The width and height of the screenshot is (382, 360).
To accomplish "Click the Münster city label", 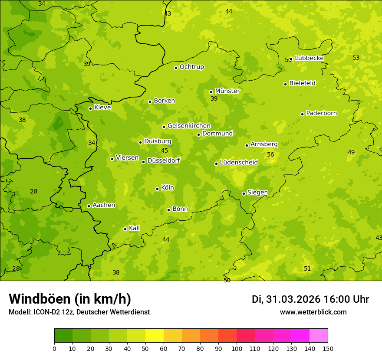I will click(x=227, y=91).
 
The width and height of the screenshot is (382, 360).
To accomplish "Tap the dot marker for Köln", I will click(x=157, y=189).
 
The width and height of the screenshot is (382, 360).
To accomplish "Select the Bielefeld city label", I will click(x=302, y=83).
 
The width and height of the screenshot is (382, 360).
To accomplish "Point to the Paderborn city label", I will click(x=321, y=113).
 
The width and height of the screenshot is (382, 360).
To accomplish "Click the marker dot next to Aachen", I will click(x=89, y=206).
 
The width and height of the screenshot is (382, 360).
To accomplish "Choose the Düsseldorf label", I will click(x=164, y=160).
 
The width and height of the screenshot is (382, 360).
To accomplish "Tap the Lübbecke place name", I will click(x=309, y=58).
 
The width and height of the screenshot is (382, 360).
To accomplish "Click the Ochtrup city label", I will click(x=191, y=67).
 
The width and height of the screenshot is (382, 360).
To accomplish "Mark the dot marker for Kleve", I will click(x=90, y=108).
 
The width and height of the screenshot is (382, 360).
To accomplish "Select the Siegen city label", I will click(x=257, y=193).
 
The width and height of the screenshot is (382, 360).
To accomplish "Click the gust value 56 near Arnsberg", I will click(x=270, y=155).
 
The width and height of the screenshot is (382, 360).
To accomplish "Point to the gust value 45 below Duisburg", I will click(x=165, y=151).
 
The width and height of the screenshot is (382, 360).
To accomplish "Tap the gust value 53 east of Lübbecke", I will click(x=356, y=58).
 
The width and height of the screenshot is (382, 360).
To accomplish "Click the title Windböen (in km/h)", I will click(x=70, y=299).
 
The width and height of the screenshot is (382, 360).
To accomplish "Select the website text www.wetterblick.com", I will click(x=313, y=312).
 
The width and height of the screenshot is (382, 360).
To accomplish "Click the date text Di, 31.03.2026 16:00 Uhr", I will click(x=310, y=299).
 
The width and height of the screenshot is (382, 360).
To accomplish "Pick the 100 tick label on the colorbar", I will click(x=237, y=348).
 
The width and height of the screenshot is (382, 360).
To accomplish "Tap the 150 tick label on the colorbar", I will click(x=328, y=348).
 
